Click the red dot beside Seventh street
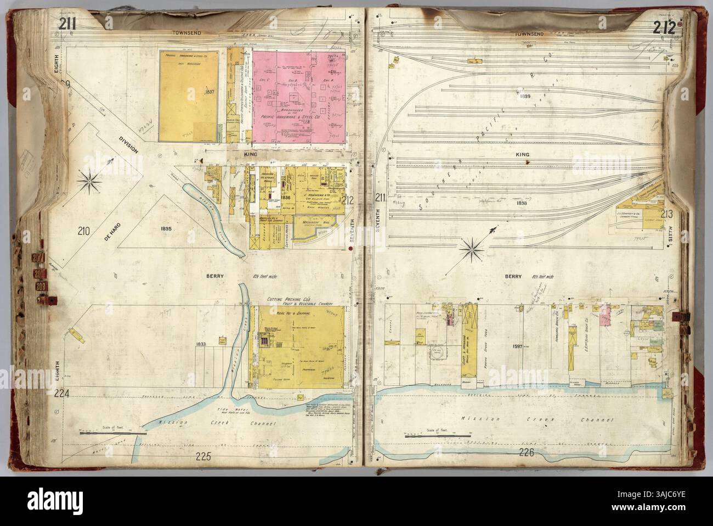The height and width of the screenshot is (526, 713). click(350, 250)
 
